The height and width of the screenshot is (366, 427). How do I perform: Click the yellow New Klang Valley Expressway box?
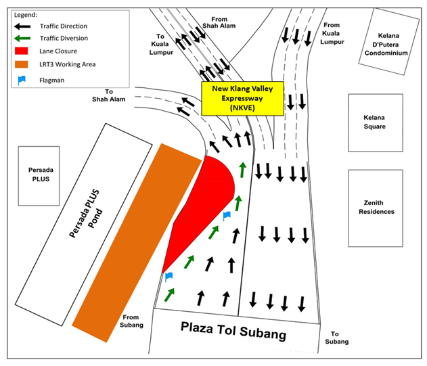242,98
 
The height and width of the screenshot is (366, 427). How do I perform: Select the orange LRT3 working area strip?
137,242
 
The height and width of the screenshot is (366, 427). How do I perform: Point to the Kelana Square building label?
374,122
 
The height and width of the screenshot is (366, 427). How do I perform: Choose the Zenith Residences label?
376,207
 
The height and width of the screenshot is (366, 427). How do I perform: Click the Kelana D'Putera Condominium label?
386,44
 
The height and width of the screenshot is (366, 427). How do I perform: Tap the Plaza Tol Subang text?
233,331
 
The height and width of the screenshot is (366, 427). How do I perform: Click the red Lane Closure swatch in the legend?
21,51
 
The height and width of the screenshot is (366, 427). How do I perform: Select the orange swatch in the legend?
21,64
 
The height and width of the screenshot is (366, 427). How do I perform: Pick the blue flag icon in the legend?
22,81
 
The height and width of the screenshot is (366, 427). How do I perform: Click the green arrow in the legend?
22,38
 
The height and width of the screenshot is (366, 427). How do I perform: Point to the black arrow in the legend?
22,26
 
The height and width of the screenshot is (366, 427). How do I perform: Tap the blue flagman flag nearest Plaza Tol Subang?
169,277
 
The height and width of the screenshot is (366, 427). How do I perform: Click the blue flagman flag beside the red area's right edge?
227,216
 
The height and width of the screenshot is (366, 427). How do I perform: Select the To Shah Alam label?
109,95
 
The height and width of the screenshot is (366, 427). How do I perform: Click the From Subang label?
131,321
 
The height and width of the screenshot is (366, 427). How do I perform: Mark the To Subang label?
336,338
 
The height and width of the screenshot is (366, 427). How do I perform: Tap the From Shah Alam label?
219,22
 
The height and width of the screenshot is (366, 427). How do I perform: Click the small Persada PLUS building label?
41,175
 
